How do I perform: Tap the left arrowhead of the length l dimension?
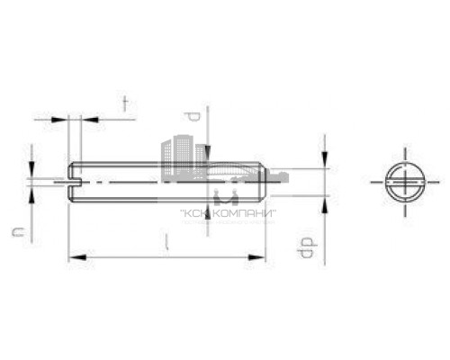coord(76,258)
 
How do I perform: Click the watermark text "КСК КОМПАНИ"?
coord(220,213)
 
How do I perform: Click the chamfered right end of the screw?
coord(262,180)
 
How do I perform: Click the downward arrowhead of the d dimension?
coord(208,154)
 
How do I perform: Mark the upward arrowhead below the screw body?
coord(208,209)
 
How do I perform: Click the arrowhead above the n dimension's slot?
coord(32,172)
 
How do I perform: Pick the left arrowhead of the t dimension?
coord(63,118)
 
